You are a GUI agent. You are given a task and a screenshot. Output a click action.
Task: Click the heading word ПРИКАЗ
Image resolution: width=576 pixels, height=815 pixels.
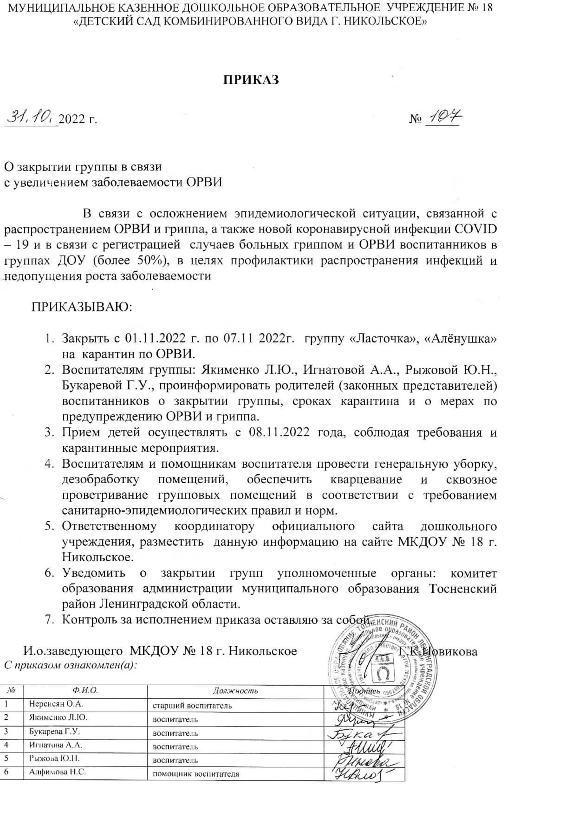pyautogui.click(x=251, y=80)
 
